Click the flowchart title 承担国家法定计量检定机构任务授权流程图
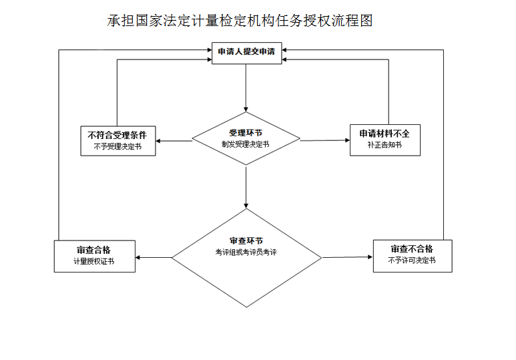pyautogui.click(x=240, y=21)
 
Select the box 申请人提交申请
pyautogui.click(x=246, y=51)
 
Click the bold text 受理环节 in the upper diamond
pyautogui.click(x=246, y=132)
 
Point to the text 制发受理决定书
pyautogui.click(x=246, y=144)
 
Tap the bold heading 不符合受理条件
pyautogui.click(x=117, y=135)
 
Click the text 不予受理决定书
pyautogui.click(x=117, y=147)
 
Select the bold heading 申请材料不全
pyautogui.click(x=384, y=134)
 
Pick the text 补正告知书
pyautogui.click(x=384, y=146)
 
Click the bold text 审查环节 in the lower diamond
pyautogui.click(x=246, y=240)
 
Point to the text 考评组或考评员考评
pyautogui.click(x=246, y=252)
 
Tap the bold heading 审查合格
pyautogui.click(x=94, y=250)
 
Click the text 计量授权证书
pyautogui.click(x=94, y=262)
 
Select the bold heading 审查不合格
pyautogui.click(x=412, y=249)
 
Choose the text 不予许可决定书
pyautogui.click(x=412, y=261)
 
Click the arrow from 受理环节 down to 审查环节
pyautogui.click(x=246, y=187)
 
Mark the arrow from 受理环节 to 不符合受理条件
pyautogui.click(x=175, y=140)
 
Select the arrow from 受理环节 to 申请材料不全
pyautogui.click(x=324, y=140)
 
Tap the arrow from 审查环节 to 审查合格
pyautogui.click(x=154, y=257)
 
